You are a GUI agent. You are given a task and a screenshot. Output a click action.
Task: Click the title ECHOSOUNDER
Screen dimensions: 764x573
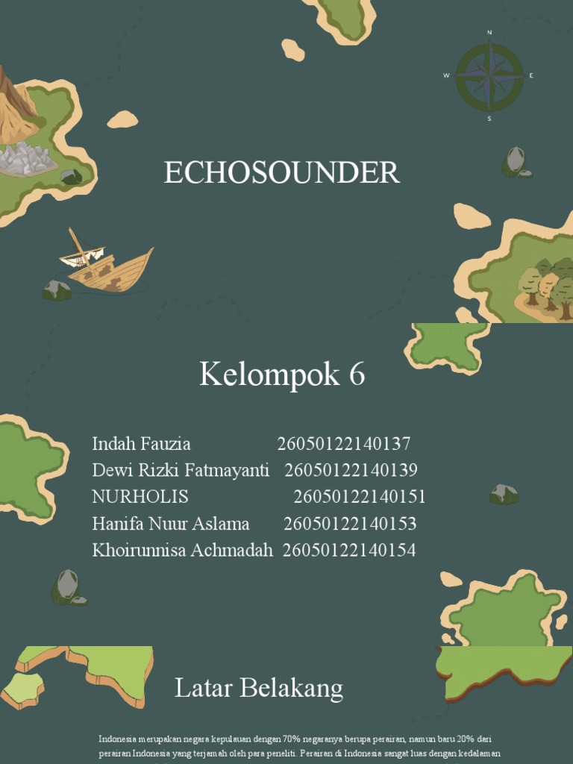[282, 173]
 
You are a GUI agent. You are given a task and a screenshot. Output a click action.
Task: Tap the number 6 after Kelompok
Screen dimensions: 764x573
[356, 375]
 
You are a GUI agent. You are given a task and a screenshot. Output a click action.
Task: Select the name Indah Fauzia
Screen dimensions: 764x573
[141, 445]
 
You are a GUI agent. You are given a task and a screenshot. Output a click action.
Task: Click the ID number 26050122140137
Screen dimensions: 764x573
[344, 445]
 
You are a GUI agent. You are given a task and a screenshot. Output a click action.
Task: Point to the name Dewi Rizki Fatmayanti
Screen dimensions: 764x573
[181, 471]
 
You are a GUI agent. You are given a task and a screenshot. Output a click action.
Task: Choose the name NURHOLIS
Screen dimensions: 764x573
[140, 497]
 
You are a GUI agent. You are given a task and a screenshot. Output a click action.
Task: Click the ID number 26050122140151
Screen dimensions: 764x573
[360, 497]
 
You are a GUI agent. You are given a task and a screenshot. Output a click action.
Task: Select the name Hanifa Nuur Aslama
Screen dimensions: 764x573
[171, 524]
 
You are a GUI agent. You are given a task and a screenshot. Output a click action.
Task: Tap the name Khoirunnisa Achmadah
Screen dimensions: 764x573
[183, 551]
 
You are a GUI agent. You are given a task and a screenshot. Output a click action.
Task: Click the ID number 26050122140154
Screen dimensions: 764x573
[349, 551]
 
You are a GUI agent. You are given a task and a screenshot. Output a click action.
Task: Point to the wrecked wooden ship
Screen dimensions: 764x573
[108, 265]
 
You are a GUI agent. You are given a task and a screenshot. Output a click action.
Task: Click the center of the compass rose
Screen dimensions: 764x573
[489, 75]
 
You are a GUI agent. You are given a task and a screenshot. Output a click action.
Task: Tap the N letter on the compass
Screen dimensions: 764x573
[489, 33]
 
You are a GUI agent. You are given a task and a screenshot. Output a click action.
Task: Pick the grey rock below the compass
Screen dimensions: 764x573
[515, 162]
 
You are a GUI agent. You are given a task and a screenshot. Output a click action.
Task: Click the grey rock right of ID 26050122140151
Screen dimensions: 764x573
[504, 493]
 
